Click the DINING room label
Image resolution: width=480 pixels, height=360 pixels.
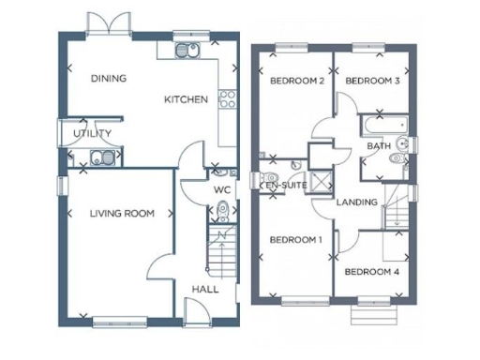click(x=108, y=78)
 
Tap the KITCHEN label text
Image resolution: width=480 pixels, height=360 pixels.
click(x=186, y=99)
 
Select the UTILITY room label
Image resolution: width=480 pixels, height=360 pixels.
click(x=91, y=134)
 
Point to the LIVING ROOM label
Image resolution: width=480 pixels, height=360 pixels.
click(x=121, y=214)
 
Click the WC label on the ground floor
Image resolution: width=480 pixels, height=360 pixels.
click(x=221, y=189)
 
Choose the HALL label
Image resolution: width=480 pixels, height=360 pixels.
click(x=204, y=289)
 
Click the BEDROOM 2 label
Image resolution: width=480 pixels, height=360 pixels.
click(x=296, y=82)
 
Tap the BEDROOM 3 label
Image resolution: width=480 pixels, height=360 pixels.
click(x=372, y=82)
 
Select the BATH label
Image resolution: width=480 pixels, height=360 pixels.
click(x=379, y=146)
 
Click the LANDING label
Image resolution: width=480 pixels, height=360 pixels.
click(x=357, y=202)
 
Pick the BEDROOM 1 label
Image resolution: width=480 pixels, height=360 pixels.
click(x=295, y=240)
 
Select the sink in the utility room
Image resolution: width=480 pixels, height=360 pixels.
click(x=99, y=157)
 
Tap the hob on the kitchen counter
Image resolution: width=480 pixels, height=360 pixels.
click(x=226, y=97)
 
